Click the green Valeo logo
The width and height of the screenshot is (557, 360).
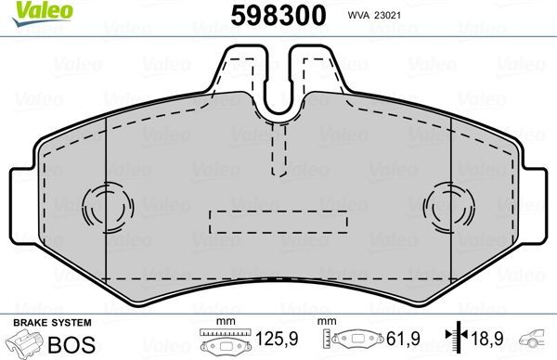pos(26,10)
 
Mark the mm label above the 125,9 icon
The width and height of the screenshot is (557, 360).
pos(220,321)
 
